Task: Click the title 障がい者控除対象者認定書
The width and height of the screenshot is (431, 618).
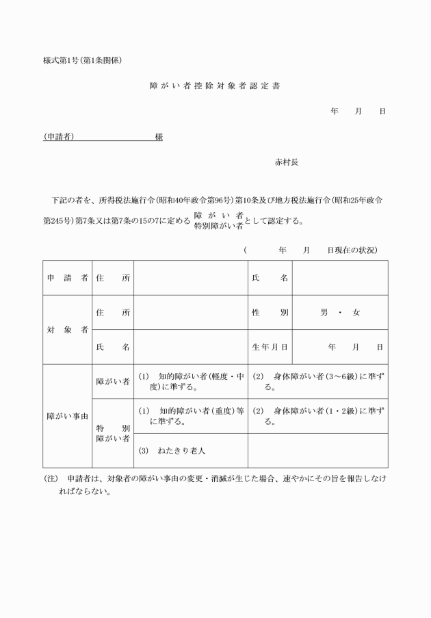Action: pos(215,87)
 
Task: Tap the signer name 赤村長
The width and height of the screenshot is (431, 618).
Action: pos(286,163)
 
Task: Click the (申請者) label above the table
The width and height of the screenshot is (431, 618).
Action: pos(59,137)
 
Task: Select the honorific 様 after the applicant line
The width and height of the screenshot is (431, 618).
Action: pos(159,137)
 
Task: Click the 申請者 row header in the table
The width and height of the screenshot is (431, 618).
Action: pos(67,278)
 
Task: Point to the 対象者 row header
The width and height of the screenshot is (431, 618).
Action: pos(67,330)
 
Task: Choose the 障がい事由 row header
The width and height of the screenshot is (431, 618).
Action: pos(67,416)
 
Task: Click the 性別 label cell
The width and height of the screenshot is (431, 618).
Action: pos(270,313)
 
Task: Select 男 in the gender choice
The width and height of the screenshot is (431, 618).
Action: pos(324,313)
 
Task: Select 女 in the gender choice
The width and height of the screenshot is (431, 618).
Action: pos(356,313)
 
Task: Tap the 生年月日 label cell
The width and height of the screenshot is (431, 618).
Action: pos(270,347)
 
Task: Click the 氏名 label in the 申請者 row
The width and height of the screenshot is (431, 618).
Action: pos(270,278)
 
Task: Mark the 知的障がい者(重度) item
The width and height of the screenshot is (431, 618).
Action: pos(190,416)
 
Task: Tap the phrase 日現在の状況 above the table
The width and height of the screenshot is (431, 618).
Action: pos(352,250)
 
